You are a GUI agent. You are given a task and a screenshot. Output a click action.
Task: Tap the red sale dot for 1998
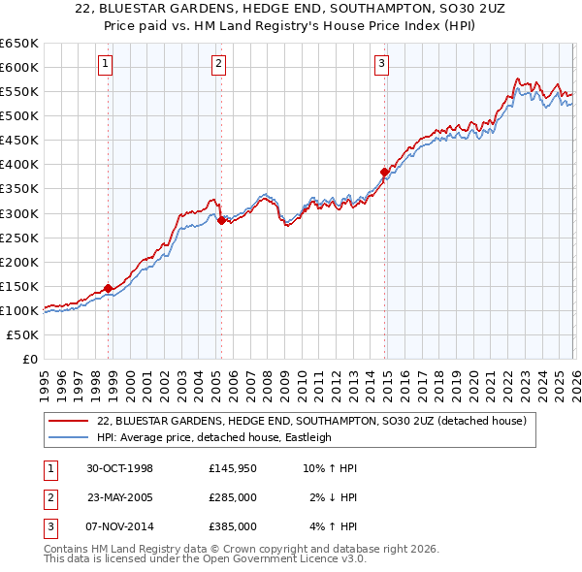[x=108, y=287]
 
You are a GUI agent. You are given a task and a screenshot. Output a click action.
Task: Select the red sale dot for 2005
[x=221, y=220]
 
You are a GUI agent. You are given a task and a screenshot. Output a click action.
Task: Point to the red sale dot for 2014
[x=384, y=172]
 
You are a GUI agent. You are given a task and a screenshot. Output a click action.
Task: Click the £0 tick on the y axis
[x=29, y=359]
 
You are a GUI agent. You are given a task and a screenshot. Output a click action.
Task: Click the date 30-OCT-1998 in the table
[x=119, y=468]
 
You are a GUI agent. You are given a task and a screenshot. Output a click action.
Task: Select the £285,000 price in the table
[x=232, y=497]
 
